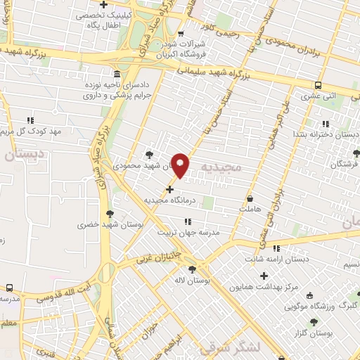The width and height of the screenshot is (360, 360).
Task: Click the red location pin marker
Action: [181, 165]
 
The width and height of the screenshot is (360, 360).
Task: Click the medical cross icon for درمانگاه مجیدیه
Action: [169, 188]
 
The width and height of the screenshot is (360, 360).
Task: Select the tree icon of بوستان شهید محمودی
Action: [149, 155]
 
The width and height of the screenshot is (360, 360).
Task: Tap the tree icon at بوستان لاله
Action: [192, 269]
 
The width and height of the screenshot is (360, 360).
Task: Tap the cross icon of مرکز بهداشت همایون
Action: [264, 276]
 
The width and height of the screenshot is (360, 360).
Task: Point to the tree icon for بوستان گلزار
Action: [314, 322]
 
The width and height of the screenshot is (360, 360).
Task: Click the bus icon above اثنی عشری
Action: [319, 86]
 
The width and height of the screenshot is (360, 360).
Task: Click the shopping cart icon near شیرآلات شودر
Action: [181, 34]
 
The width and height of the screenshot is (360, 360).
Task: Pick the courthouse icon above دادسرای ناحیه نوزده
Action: [116, 74]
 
